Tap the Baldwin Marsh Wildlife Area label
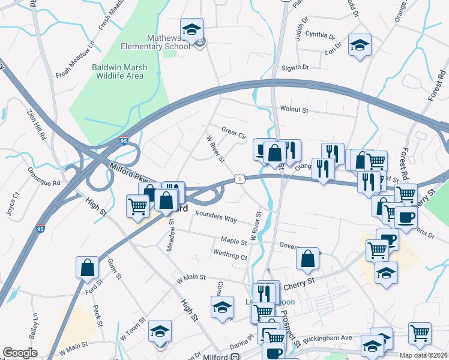click(118, 72)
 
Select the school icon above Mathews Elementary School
click(192, 29)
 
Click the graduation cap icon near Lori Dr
click(360, 45)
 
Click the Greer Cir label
click(234, 132)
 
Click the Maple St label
click(234, 241)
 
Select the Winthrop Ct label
click(230, 255)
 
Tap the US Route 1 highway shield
click(240, 179)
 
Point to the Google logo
click(20, 353)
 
